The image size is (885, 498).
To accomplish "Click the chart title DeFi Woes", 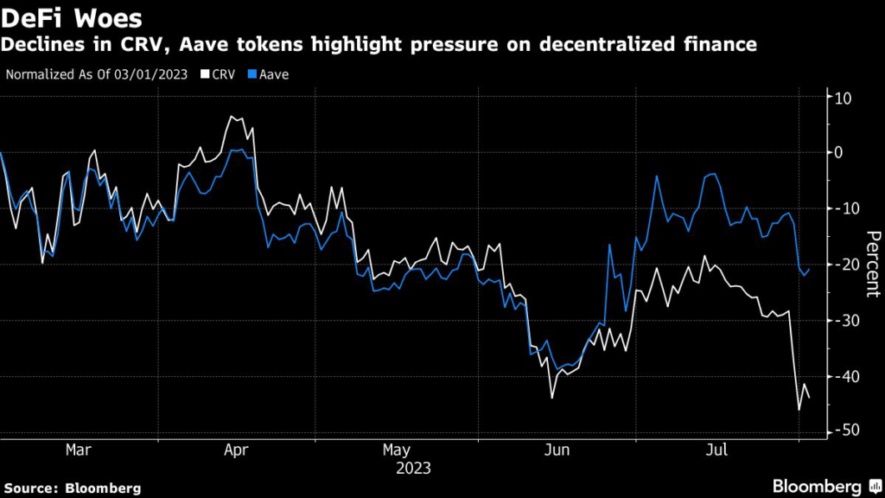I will tap(71, 17).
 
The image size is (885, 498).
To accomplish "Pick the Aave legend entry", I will tap(273, 74).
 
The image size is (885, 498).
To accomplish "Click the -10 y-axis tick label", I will tap(841, 208).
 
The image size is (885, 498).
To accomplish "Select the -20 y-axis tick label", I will tap(841, 265).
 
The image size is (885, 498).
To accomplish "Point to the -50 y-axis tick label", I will tap(841, 431).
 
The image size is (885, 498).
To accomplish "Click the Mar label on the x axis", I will tap(79, 450).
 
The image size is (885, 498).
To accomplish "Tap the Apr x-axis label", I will tap(237, 450).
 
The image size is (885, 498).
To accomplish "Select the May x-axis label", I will tap(397, 450).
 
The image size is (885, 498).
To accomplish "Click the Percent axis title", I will tap(872, 265).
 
